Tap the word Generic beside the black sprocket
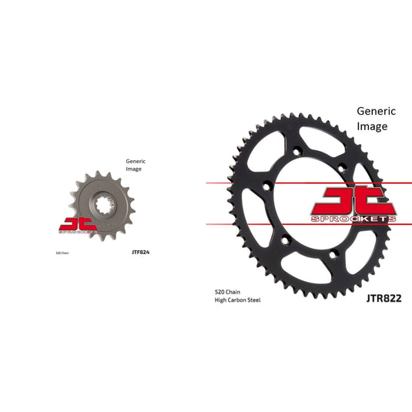pos(375,111)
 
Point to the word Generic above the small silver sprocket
pos(136,161)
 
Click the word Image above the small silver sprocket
pos(134,169)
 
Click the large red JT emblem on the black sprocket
pos(355,201)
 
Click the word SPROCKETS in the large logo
pos(355,219)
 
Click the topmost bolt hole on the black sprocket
pos(296,149)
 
